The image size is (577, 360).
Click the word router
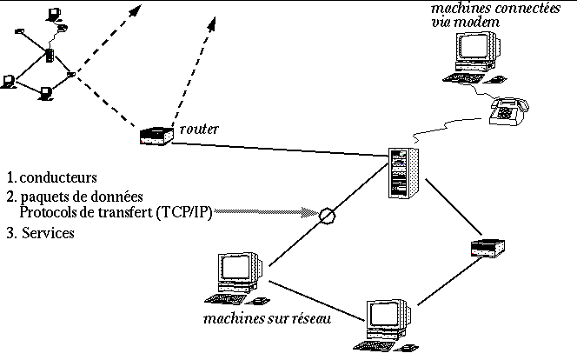coord(199,129)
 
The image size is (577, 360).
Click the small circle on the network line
coord(327,215)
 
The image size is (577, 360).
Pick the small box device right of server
coord(487,246)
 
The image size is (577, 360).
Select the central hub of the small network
coord(50,57)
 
